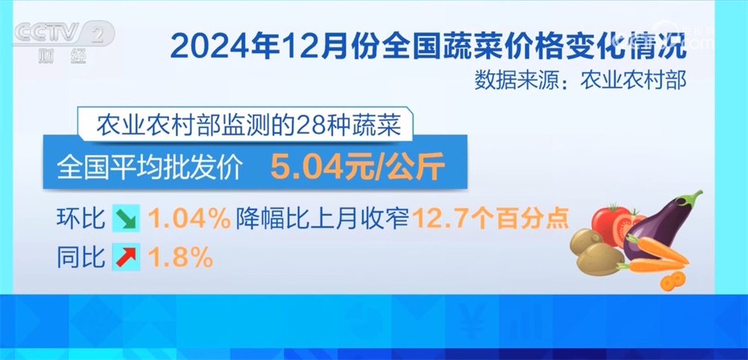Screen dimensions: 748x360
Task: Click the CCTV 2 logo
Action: coord(64,34)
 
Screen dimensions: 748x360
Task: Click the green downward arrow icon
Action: coord(126,219)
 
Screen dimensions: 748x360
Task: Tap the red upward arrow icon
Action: coord(126,257)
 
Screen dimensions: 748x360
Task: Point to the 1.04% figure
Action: coord(189,219)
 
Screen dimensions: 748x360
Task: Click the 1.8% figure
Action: coord(180,257)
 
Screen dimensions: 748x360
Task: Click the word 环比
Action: coord(81,219)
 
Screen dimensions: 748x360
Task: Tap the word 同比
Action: coord(81,257)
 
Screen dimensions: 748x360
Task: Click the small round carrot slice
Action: coord(672,281)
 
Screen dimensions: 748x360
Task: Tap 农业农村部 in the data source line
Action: coord(633,80)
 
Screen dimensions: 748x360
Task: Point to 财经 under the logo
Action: coord(63,57)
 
